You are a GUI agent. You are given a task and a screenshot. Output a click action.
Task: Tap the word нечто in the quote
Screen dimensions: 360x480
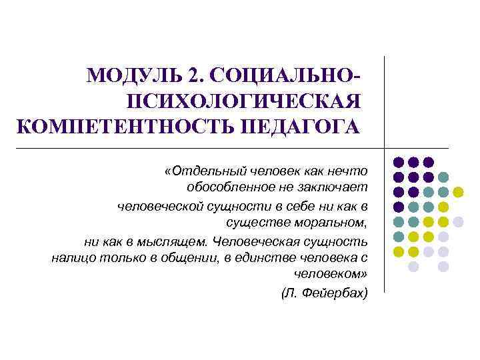[x=348, y=171]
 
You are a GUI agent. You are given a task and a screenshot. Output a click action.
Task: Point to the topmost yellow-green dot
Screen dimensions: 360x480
[x=458, y=192]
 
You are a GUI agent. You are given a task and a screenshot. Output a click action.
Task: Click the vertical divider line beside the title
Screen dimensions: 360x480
[x=386, y=100]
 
